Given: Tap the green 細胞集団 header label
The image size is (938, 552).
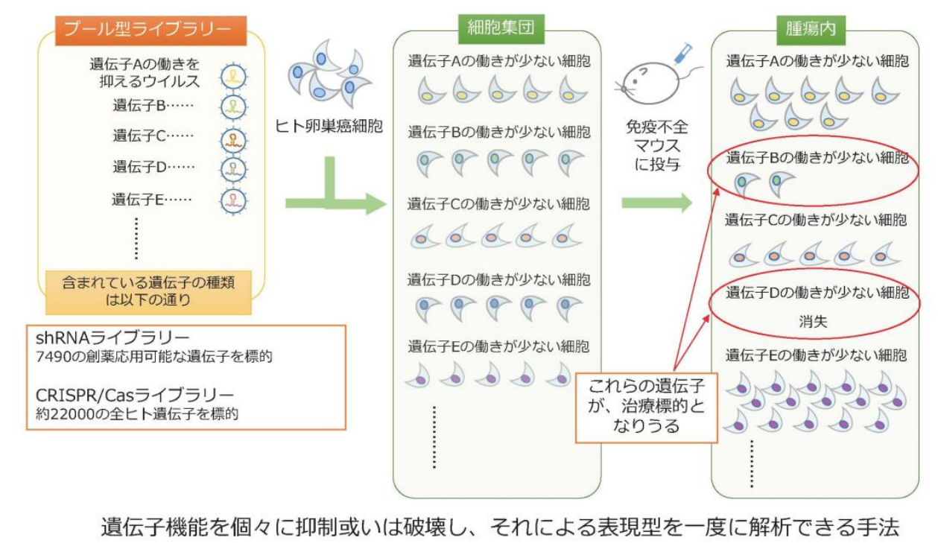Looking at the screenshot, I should (497, 29).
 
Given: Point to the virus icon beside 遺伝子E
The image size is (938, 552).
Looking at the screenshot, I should (234, 200).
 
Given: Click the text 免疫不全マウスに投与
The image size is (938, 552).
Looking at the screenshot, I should (657, 146).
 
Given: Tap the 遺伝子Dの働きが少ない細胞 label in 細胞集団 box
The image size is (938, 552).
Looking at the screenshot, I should (498, 280).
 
